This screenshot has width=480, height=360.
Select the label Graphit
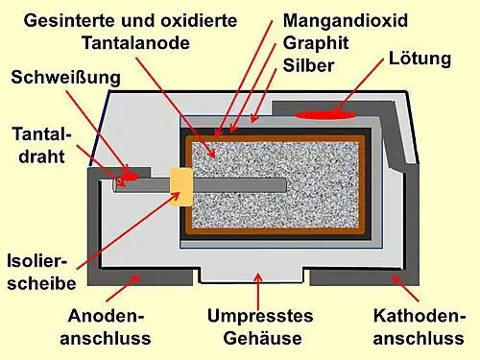coord(315,43)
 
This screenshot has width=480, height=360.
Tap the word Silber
coord(309,65)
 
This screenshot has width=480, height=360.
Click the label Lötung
coord(420,60)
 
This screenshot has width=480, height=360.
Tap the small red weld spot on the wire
coord(128,177)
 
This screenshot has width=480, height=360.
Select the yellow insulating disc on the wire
coord(181,185)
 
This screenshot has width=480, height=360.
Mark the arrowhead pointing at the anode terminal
coord(141,278)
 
